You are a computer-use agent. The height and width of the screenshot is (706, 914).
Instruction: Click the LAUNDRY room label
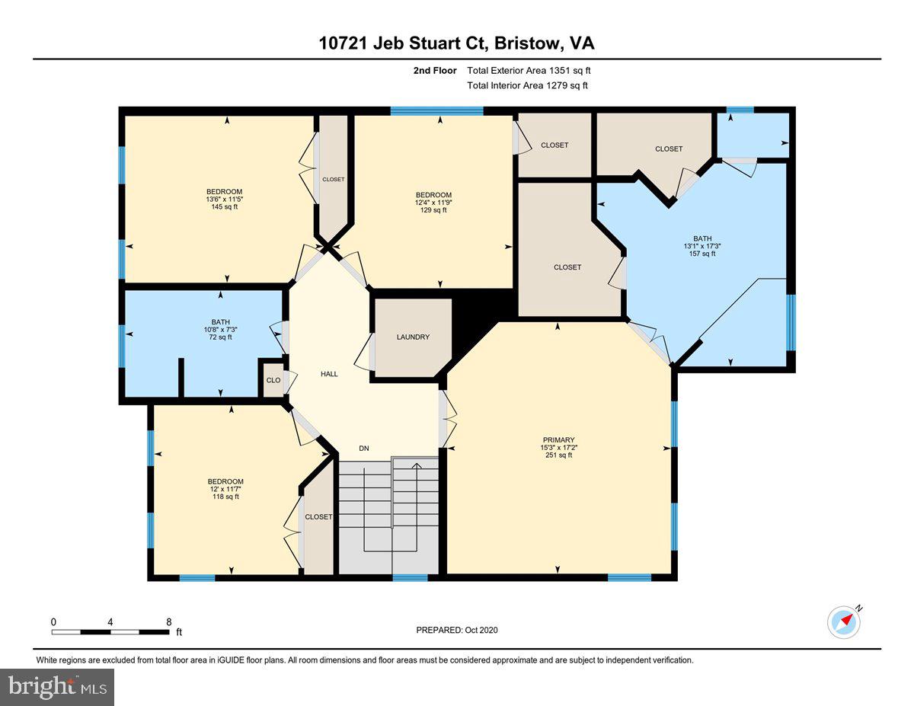click(413, 337)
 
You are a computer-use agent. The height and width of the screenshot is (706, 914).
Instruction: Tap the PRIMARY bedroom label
click(558, 439)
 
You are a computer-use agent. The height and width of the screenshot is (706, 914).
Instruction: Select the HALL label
click(329, 374)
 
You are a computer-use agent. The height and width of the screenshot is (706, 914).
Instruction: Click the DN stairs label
click(364, 449)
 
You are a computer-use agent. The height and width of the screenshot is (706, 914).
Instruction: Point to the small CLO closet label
click(273, 380)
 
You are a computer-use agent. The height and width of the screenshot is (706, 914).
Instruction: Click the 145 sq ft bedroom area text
click(224, 207)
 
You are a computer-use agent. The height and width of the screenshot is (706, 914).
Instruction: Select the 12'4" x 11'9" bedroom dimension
click(433, 203)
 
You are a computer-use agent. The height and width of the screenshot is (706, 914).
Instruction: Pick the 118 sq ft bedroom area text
click(225, 497)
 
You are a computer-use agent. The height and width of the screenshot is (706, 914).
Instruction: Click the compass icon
click(843, 621)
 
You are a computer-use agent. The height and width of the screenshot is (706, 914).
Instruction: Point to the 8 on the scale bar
click(168, 621)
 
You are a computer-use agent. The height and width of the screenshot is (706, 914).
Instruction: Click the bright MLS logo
click(57, 687)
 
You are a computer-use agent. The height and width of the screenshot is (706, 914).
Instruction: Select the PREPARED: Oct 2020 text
click(457, 630)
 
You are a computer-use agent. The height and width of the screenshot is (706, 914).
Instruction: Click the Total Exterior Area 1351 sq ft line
click(529, 71)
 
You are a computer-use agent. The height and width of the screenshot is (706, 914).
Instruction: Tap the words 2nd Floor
click(434, 71)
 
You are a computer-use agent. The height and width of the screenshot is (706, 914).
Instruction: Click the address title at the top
click(457, 43)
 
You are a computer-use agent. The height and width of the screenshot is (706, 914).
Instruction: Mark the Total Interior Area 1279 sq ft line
click(527, 86)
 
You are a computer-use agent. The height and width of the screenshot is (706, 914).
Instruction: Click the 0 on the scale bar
click(53, 621)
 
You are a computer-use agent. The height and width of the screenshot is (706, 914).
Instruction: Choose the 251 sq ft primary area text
click(558, 455)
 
